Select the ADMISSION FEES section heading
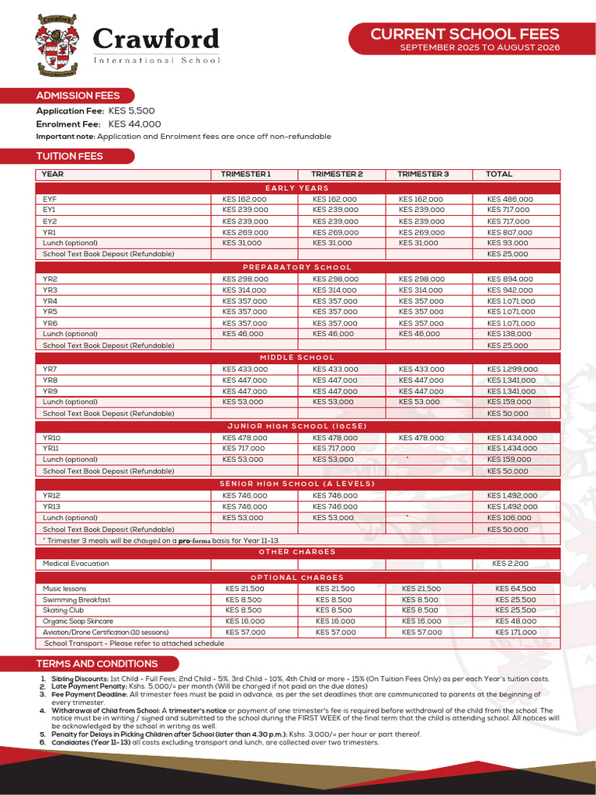coord(78,95)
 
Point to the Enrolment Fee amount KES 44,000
coord(134,123)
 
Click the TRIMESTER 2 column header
coord(337,175)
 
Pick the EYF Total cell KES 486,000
coord(510,200)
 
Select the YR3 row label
coord(50,290)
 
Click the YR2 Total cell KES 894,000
coord(510,279)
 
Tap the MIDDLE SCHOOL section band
coord(297,358)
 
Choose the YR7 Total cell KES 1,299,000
coord(512,370)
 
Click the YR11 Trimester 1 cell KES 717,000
coord(244,449)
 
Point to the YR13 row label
coord(51,506)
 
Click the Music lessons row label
coord(65,589)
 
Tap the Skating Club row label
coord(64,610)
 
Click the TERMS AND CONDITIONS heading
coord(97,664)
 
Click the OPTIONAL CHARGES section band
coord(297,578)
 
